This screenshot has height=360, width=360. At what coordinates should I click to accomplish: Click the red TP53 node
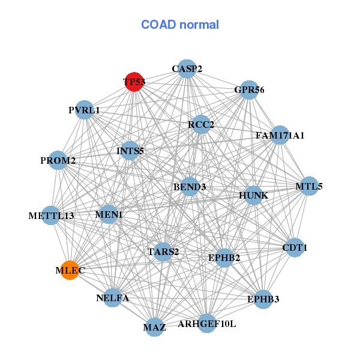[134, 82]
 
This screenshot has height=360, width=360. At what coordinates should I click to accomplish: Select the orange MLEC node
[70, 270]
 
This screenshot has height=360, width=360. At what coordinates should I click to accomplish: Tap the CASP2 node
[187, 69]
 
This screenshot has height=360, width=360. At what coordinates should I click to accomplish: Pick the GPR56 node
[249, 90]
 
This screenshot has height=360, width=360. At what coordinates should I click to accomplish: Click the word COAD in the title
[158, 25]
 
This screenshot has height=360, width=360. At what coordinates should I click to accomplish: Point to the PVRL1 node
[85, 110]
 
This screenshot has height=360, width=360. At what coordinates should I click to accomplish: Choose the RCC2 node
[201, 124]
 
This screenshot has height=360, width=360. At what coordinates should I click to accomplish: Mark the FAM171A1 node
[280, 135]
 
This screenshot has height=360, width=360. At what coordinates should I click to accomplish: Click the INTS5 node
[130, 151]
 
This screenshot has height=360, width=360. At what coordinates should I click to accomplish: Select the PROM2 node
[58, 160]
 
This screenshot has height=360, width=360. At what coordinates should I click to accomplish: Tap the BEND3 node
[190, 187]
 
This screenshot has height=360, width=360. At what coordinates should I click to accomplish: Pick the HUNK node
[253, 196]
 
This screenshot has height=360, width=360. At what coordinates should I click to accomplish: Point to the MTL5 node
[309, 186]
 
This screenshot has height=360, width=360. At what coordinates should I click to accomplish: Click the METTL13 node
[51, 215]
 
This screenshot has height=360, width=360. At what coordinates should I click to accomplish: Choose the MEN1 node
[109, 214]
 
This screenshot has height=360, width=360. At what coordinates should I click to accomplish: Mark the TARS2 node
[163, 252]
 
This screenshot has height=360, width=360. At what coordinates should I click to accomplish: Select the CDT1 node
[295, 247]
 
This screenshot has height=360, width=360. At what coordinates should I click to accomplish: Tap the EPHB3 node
[263, 299]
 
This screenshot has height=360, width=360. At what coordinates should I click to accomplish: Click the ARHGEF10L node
[207, 323]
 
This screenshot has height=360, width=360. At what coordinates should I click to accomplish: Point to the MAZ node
[155, 327]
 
